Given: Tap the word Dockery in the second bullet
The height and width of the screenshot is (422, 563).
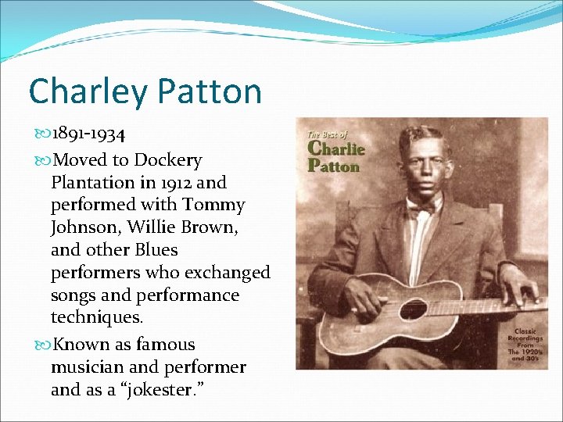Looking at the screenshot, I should pos(167,160).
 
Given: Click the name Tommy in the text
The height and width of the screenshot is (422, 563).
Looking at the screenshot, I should pos(213,205).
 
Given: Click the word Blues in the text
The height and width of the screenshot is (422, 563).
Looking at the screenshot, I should pos(156,250).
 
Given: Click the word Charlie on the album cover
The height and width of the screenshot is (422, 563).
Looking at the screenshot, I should pos(336,148).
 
